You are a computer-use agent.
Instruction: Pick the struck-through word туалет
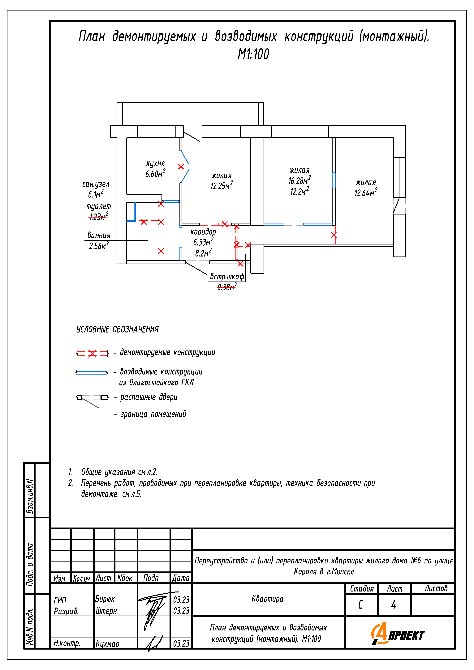coord(99,207)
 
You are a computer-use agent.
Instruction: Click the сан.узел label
coord(96,184)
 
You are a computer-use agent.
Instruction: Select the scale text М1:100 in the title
coord(253,54)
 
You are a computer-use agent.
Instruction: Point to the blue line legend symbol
coord(92,373)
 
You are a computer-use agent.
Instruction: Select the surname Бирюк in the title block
coord(105,599)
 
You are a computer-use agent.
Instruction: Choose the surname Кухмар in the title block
coord(107,644)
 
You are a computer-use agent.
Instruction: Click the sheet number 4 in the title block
coord(394,604)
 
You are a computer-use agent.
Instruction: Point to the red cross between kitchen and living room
coord(181,167)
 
